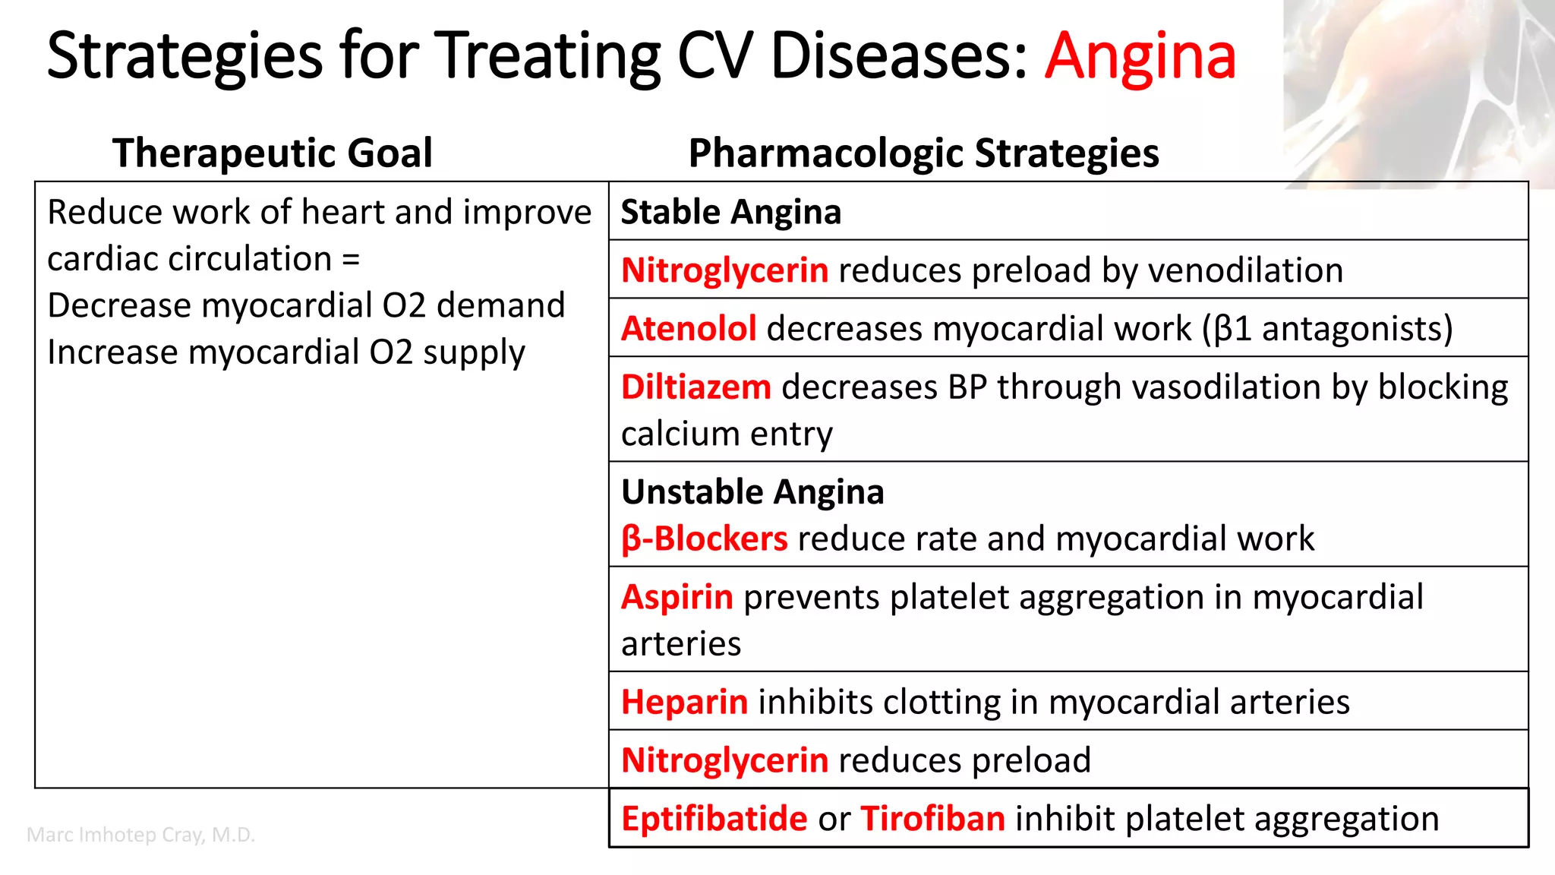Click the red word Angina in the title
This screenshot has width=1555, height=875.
1140,56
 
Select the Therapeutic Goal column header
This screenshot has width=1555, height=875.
272,153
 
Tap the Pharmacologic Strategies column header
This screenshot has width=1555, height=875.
923,153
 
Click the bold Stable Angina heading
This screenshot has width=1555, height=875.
730,212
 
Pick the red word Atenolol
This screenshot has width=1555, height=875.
688,329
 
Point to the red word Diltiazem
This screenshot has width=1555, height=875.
695,387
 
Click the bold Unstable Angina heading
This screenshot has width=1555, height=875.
752,492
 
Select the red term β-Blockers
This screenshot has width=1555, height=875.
704,539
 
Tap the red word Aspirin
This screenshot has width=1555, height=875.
677,598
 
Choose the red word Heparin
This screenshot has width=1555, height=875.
684,703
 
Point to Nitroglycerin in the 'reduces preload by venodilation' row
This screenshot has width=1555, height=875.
724,271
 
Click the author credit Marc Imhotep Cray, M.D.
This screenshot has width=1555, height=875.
140,835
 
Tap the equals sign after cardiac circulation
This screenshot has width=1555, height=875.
350,260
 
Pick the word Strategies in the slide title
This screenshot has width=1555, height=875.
185,56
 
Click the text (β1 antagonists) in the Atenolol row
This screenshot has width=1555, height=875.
1327,329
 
